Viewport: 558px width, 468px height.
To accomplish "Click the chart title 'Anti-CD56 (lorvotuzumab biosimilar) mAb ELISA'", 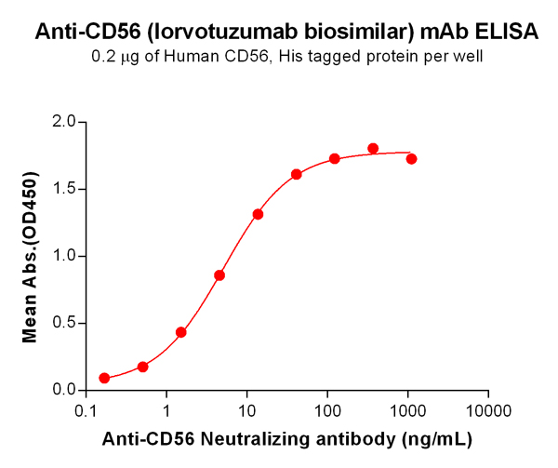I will (x=286, y=33).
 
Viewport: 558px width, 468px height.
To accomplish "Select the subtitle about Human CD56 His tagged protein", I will (x=286, y=58).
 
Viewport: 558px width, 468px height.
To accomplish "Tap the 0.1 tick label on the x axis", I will (x=86, y=410).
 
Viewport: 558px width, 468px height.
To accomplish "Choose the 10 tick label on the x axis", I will (x=246, y=410).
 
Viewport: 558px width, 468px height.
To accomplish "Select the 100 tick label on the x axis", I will (x=326, y=410).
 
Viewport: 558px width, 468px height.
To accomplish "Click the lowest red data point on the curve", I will (x=104, y=379).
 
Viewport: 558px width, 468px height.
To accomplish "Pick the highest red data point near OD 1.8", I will (x=373, y=149).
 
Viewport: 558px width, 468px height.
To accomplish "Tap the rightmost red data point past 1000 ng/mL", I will (x=411, y=159).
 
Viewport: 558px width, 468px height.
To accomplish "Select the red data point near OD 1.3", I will (x=258, y=214).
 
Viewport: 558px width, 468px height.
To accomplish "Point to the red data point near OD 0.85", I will (x=219, y=275).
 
